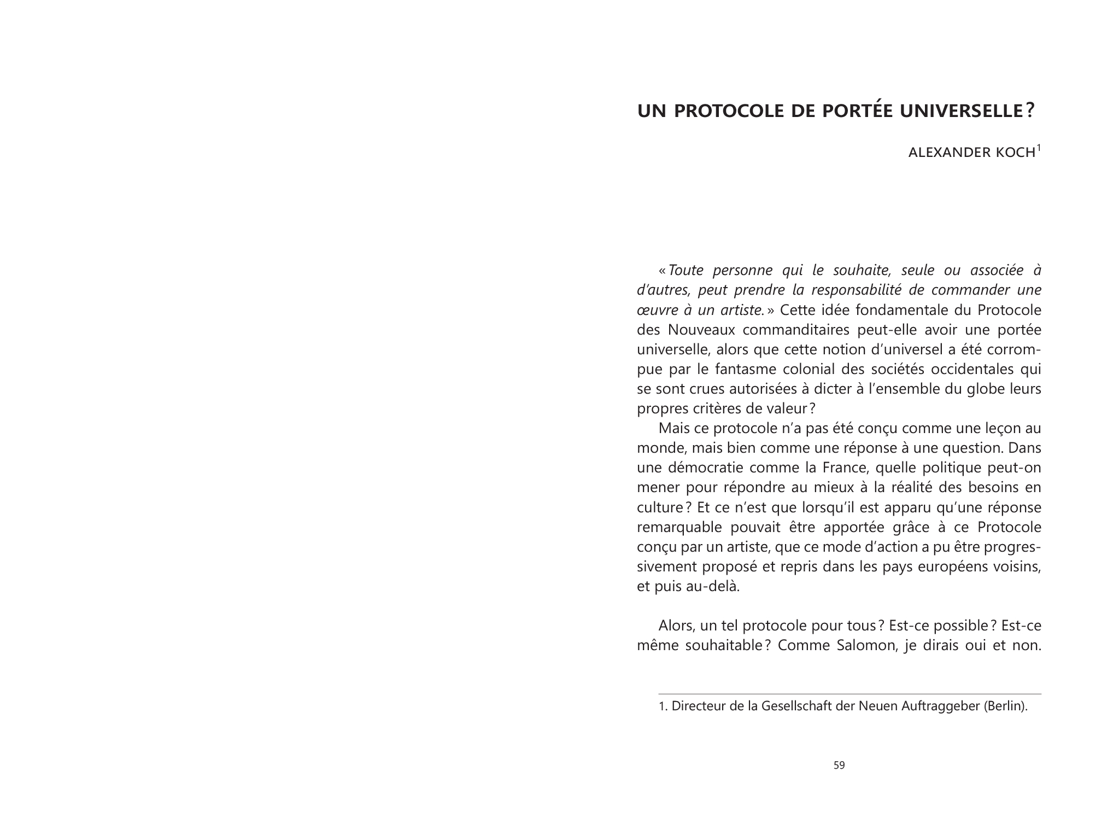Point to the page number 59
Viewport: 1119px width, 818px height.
click(x=839, y=766)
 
